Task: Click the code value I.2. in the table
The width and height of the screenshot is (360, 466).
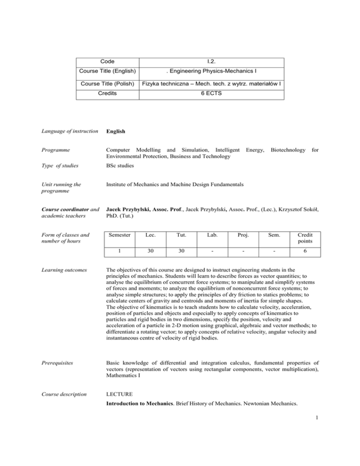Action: coord(212,61)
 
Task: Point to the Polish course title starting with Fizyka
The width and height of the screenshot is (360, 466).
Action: coord(212,83)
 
